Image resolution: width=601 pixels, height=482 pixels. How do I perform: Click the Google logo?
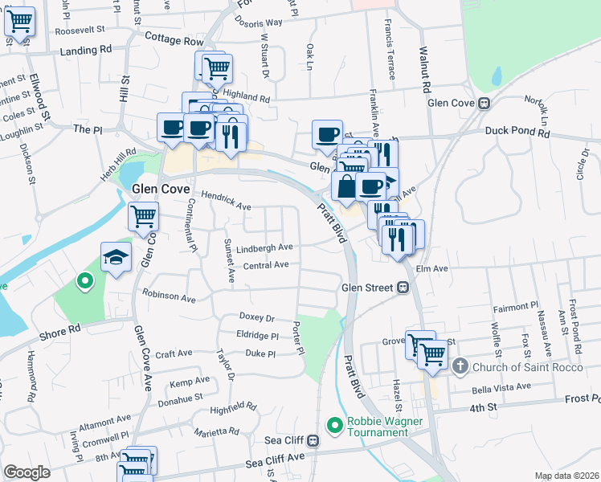[27, 472]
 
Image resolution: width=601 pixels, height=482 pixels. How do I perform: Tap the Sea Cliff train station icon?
[313, 441]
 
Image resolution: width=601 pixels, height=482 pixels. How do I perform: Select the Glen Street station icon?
[405, 288]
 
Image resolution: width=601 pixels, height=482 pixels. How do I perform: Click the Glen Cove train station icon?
[484, 104]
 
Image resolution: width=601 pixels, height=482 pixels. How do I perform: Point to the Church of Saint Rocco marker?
[460, 368]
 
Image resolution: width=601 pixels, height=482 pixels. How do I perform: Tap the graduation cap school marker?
[115, 258]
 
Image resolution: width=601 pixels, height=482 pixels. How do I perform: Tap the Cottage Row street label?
[175, 39]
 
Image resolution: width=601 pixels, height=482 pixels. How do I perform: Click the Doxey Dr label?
[257, 318]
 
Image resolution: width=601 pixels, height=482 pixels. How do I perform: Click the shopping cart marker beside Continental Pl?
[144, 216]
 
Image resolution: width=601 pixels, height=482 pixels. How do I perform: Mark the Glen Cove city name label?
[160, 188]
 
